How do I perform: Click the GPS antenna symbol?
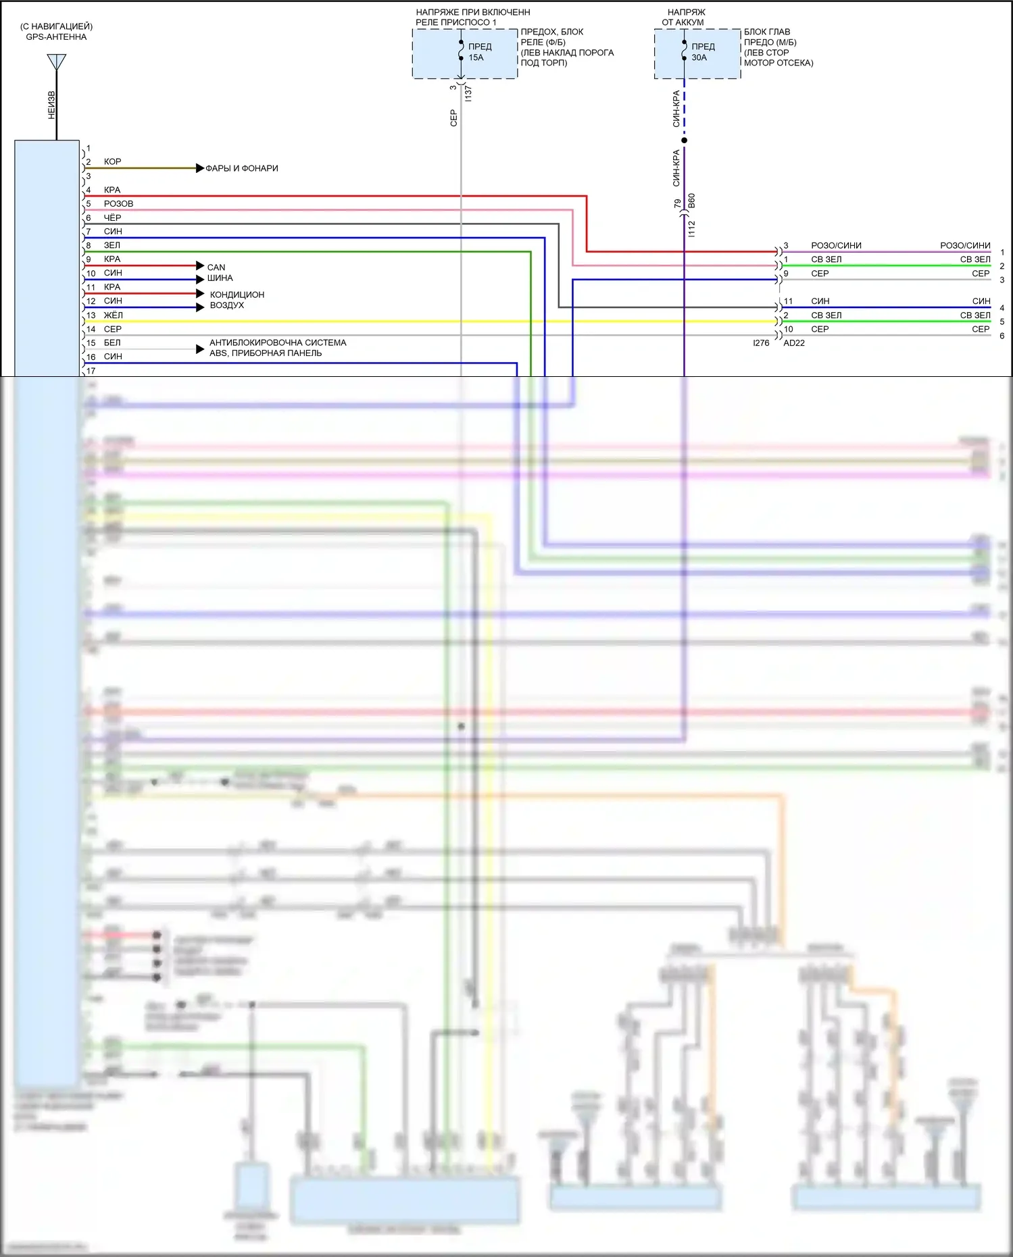click(57, 62)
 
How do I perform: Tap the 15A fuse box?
click(465, 53)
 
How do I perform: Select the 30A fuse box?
click(697, 53)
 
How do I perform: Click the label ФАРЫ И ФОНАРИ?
click(242, 168)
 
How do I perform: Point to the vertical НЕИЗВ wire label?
click(52, 105)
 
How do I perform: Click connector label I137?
click(468, 93)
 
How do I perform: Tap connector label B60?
click(691, 201)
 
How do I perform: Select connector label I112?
click(691, 228)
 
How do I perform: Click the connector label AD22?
click(794, 343)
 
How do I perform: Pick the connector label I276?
click(761, 343)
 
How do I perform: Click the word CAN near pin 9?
click(216, 267)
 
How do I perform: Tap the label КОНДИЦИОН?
click(237, 294)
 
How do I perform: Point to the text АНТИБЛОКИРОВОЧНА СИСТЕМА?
click(278, 342)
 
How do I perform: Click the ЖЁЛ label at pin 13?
click(114, 315)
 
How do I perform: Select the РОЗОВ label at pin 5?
click(118, 204)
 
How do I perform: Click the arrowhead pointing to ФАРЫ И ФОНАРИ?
click(200, 168)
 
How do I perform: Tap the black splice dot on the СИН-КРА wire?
click(684, 140)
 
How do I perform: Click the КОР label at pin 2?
click(112, 162)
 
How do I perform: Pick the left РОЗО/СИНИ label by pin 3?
click(836, 246)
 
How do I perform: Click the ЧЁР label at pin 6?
click(112, 218)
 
